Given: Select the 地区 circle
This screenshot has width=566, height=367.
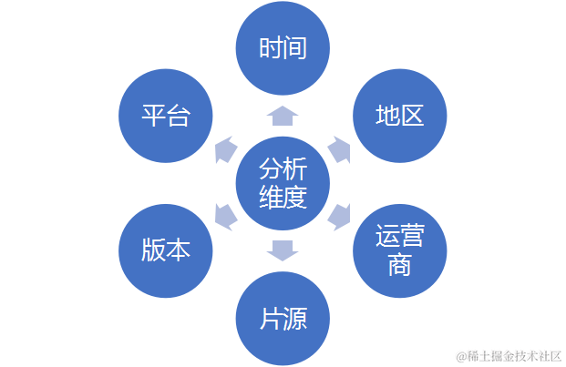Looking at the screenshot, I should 399,117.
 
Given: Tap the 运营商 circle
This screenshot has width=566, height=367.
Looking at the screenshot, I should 399,251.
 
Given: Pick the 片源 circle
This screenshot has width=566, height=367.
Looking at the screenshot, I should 283,318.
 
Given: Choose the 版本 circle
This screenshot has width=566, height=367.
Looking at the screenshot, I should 166,251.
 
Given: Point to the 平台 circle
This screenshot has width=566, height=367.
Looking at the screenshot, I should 166,117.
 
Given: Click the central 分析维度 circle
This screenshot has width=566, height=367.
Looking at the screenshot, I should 283,182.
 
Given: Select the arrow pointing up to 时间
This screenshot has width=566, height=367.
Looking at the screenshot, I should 283,115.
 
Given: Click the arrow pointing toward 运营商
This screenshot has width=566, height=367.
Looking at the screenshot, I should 339,216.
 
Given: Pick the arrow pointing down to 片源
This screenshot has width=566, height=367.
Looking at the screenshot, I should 283,250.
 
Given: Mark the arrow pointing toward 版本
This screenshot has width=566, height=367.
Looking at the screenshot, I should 225,216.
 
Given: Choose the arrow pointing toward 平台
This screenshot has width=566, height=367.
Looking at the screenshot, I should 225,149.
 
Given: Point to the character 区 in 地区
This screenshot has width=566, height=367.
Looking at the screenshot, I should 412,117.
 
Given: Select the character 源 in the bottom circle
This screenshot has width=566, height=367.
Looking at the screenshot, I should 295,318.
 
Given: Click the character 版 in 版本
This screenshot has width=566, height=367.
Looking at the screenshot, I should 153,251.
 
